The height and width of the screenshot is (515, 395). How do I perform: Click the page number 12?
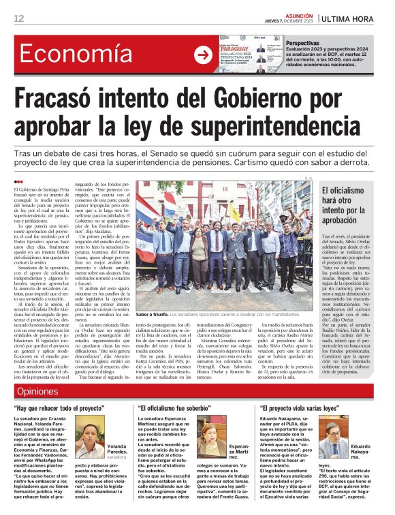[18, 18]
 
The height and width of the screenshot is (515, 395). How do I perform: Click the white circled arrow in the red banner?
[203, 55]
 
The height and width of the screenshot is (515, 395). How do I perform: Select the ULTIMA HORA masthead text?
[349, 18]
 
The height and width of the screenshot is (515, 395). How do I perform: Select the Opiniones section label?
[38, 391]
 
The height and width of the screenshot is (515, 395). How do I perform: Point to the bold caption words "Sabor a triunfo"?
[152, 315]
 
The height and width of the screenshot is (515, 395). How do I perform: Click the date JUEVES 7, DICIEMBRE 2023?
[294, 21]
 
